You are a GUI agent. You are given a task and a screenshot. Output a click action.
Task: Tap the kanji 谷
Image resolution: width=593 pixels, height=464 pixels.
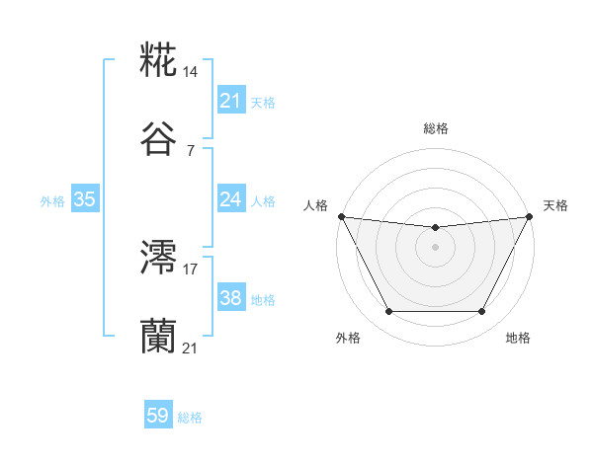[159, 140]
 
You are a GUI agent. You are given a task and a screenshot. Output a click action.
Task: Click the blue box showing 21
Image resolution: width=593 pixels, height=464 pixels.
[230, 101]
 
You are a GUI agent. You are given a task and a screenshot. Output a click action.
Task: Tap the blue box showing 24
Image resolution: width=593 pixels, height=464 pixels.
[230, 199]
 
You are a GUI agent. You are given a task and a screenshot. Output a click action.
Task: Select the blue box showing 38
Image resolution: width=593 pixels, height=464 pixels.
[230, 298]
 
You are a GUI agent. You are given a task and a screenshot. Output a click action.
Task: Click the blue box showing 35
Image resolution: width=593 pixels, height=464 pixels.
[85, 199]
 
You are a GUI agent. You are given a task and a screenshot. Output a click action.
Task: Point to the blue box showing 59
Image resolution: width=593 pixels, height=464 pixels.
[158, 416]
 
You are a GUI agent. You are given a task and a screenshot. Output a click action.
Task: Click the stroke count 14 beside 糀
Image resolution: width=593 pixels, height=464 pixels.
[192, 72]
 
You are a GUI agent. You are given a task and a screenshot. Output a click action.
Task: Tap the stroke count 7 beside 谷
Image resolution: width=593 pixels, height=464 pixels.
[190, 150]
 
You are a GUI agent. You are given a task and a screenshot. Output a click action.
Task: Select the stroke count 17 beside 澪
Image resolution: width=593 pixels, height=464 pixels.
[191, 268]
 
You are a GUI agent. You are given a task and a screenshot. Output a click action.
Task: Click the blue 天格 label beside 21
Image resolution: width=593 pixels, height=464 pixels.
[263, 102]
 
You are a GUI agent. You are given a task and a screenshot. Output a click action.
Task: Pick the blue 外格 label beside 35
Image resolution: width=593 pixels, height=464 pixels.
[52, 200]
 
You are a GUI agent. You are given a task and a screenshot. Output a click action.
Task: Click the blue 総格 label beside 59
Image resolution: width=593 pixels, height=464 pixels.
[190, 417]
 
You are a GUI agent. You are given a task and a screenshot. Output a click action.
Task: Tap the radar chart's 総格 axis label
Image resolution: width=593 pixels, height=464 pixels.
[435, 128]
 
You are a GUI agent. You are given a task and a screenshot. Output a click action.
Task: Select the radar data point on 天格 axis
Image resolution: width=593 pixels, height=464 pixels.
[530, 216]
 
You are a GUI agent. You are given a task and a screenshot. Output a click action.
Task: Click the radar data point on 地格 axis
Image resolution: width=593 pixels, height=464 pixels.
[482, 312]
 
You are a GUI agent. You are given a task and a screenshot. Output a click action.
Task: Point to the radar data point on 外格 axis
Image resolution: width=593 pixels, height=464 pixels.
[388, 312]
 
